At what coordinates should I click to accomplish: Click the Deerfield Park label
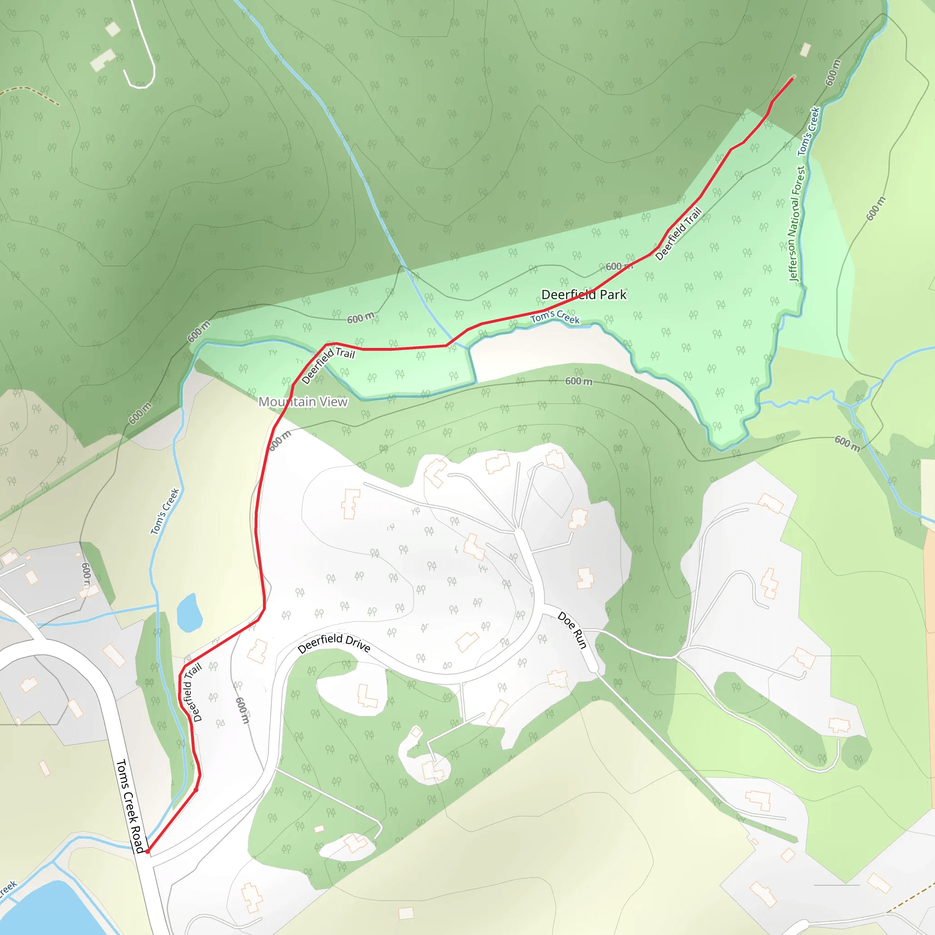583,295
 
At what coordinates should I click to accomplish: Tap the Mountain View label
303,402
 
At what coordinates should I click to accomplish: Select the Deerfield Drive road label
334,643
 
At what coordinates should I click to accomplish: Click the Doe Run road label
572,630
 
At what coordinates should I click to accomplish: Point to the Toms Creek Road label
130,806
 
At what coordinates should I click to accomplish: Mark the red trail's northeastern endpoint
792,78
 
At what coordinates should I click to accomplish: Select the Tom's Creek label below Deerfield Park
555,317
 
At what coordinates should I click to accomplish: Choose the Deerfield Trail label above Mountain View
328,365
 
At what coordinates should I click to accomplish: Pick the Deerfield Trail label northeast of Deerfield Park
678,234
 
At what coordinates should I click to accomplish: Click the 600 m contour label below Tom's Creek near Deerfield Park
579,381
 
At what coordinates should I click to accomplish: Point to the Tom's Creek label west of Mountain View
164,511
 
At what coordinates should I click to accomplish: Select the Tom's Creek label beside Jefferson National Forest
809,131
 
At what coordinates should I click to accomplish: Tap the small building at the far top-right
805,50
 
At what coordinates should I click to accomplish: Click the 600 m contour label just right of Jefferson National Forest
876,209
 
